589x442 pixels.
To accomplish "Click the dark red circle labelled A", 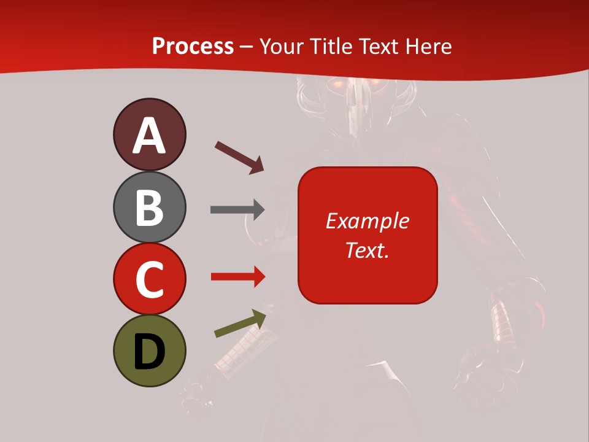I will click(149, 134).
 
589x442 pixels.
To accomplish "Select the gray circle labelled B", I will click(149, 207).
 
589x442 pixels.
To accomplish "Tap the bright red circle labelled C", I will click(149, 279).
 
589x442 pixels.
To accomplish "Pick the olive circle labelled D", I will click(149, 351).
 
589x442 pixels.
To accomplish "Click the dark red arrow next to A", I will click(239, 157).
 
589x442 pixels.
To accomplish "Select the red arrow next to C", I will click(237, 277).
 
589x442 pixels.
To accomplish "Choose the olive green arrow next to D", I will click(240, 324).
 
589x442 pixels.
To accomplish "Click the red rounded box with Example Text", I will click(368, 235).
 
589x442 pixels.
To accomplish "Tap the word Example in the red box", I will click(368, 221).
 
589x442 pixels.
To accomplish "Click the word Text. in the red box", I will click(367, 250).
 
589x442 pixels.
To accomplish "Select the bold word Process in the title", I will click(193, 46).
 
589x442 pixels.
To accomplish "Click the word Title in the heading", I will click(331, 46).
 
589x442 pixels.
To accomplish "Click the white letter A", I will click(149, 136).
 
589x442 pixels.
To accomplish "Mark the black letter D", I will click(149, 352).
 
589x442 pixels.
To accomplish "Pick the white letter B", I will click(149, 207).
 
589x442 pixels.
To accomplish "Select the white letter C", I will click(149, 279).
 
